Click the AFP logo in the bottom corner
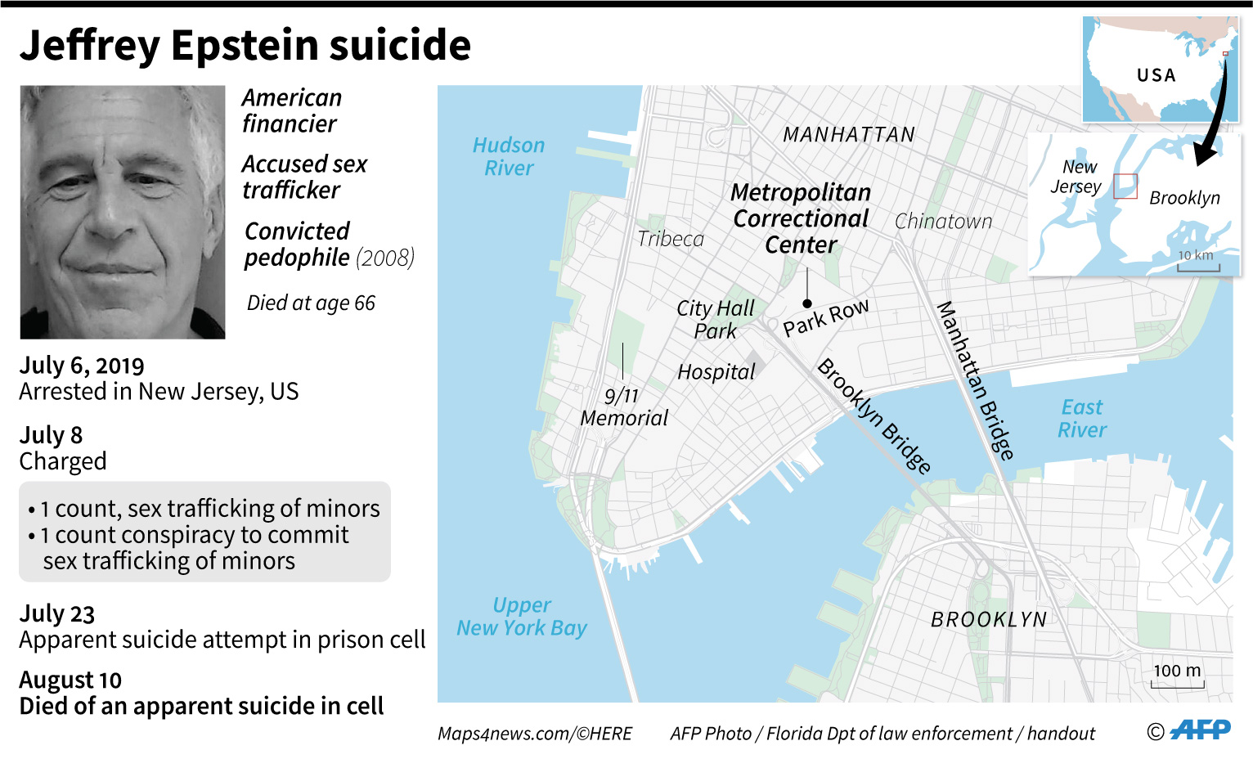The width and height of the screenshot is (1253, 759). tap(1200, 730)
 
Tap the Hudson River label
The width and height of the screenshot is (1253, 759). tap(509, 156)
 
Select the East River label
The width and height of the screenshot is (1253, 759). tap(1082, 418)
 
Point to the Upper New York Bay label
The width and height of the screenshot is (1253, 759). tap(522, 617)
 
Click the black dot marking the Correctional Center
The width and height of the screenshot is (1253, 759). tap(807, 303)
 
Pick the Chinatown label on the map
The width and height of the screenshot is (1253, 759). tap(943, 222)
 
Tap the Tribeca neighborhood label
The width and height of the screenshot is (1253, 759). tap(671, 239)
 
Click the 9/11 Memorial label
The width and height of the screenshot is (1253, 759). tap(624, 406)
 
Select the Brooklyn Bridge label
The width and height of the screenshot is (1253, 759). tap(874, 415)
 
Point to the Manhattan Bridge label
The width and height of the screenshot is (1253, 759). tap(975, 380)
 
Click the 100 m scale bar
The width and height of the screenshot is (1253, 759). tap(1178, 680)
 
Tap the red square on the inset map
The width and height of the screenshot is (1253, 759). tap(1125, 186)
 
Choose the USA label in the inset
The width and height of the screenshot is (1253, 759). tap(1156, 75)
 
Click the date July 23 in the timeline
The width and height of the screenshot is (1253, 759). tap(57, 613)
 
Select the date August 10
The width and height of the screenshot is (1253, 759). tap(70, 680)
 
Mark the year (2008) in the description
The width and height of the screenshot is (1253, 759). tap(385, 258)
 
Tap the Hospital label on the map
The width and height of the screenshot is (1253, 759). tap(716, 372)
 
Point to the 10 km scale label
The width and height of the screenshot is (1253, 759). tap(1196, 255)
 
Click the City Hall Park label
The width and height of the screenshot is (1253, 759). tap(716, 320)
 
